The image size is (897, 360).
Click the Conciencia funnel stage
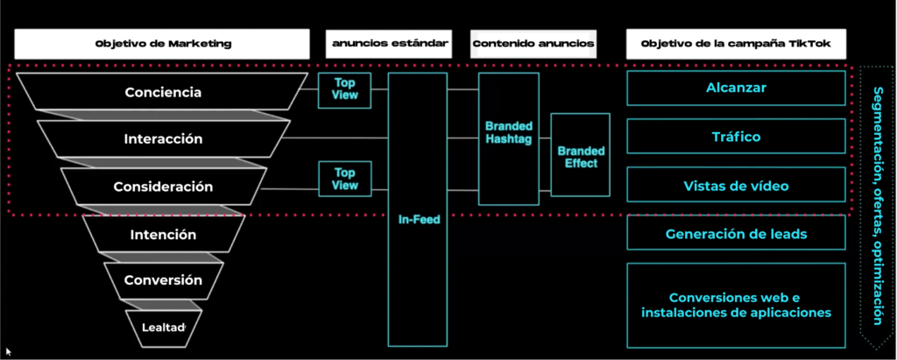pyautogui.click(x=163, y=92)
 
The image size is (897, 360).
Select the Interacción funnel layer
pyautogui.click(x=164, y=138)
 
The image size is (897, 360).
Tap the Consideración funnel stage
pyautogui.click(x=163, y=187)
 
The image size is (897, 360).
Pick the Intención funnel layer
pyautogui.click(x=163, y=234)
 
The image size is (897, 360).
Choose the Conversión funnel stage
pyautogui.click(x=163, y=280)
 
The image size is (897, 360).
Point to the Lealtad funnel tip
pyautogui.click(x=164, y=328)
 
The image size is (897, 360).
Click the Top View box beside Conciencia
pyautogui.click(x=345, y=90)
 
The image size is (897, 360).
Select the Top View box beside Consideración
pyautogui.click(x=345, y=179)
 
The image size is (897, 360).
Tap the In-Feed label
pyautogui.click(x=420, y=219)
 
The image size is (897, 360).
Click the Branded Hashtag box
pyautogui.click(x=509, y=138)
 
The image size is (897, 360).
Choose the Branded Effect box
pyautogui.click(x=581, y=154)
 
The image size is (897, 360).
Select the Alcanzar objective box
pyautogui.click(x=736, y=88)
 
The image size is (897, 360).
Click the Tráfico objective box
pyautogui.click(x=736, y=137)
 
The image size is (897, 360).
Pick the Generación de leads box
pyautogui.click(x=736, y=233)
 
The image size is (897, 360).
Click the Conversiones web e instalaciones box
pyautogui.click(x=736, y=305)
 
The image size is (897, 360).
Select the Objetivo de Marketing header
pyautogui.click(x=162, y=44)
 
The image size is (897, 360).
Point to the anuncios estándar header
pyautogui.click(x=390, y=44)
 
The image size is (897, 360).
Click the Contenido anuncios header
pyautogui.click(x=533, y=44)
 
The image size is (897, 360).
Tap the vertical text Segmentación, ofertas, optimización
pyautogui.click(x=877, y=206)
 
